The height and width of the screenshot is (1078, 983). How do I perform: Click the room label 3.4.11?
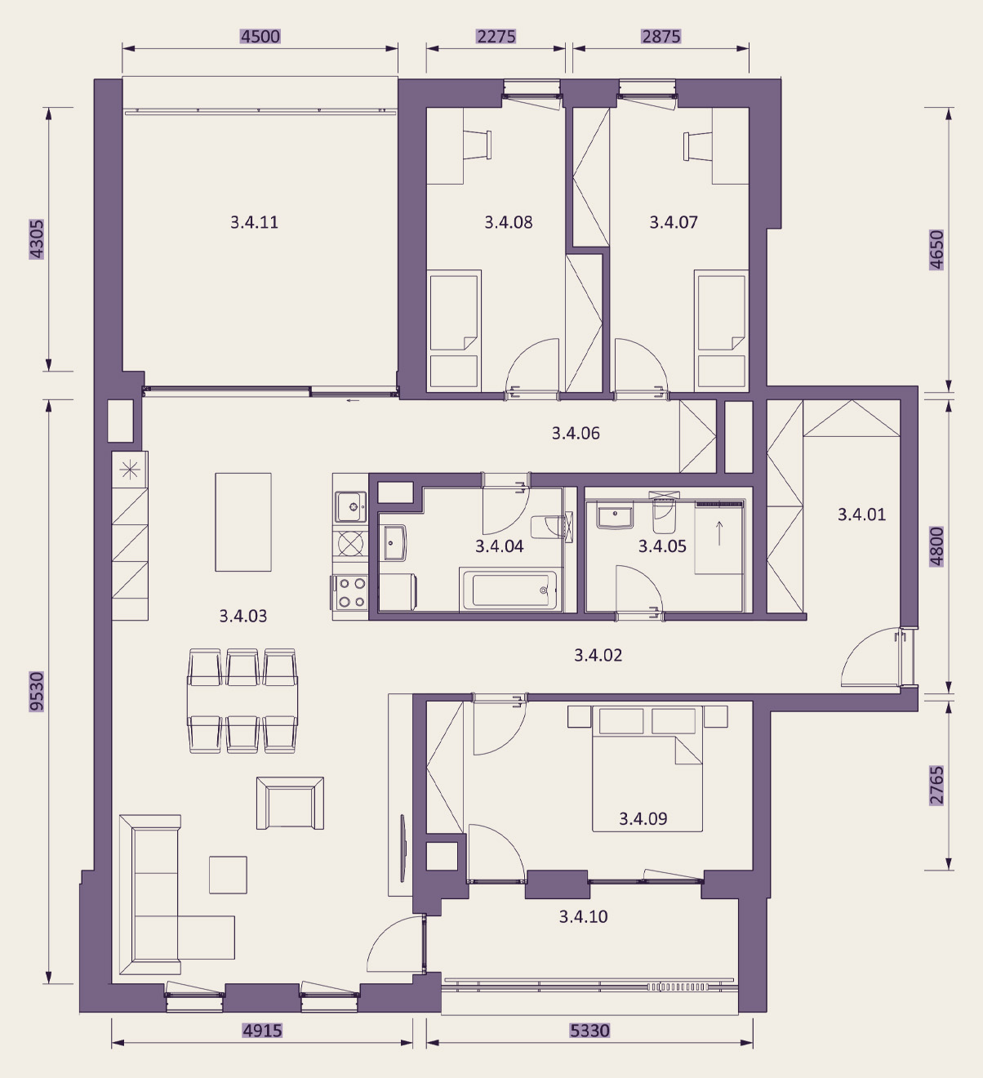(254, 222)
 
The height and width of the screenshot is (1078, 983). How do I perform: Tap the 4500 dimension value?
(260, 37)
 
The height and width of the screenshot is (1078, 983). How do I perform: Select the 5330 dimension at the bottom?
(589, 1030)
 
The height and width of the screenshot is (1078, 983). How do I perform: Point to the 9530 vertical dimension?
(37, 691)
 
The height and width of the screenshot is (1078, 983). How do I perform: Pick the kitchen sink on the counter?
(351, 507)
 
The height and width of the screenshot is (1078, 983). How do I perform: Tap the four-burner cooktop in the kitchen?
(351, 592)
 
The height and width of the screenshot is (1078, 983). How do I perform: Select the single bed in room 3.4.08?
(454, 331)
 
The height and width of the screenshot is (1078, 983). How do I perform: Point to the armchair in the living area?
(290, 804)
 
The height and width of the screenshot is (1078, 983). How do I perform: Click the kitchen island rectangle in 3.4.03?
(243, 522)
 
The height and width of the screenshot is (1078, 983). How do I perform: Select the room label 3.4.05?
(662, 546)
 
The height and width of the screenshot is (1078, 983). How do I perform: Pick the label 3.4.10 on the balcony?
(583, 916)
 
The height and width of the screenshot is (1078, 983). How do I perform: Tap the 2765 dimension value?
(936, 786)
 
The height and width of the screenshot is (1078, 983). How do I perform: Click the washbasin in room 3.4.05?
(615, 517)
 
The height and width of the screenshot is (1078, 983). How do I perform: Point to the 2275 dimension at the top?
(496, 37)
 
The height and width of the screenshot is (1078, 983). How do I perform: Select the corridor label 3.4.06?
(576, 433)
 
